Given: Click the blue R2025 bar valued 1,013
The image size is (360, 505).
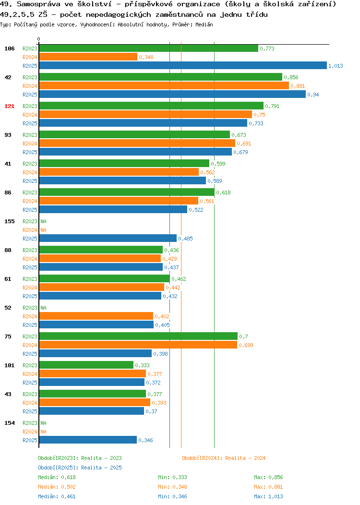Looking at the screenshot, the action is (x=183, y=65).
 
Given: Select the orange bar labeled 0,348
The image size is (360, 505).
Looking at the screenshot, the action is (x=88, y=57).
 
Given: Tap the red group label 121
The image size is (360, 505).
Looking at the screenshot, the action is (x=9, y=106).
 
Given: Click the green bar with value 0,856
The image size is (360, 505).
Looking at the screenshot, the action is (x=161, y=77).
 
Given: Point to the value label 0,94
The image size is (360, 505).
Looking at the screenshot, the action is (x=313, y=95).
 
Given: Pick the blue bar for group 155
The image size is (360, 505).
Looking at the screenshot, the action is (x=108, y=238).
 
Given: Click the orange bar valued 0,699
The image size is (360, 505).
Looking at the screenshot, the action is (x=138, y=345).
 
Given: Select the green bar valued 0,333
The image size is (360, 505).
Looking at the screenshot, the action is (x=86, y=365).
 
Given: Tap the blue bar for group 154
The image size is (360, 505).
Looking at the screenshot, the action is (x=88, y=440).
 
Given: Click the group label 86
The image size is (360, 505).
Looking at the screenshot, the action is (x=8, y=192).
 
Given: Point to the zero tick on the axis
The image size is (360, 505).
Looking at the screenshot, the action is (x=39, y=39).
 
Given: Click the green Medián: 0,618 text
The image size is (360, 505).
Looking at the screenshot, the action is (x=57, y=477).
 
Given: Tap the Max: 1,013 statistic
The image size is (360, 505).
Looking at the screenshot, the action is (x=268, y=497).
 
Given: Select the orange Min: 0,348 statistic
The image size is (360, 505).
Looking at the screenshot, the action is (x=172, y=487).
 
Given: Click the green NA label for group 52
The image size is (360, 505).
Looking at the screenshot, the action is (x=44, y=308).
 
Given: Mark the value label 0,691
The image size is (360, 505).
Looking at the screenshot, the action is (x=244, y=144).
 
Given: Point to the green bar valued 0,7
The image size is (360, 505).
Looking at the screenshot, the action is (x=138, y=336).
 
